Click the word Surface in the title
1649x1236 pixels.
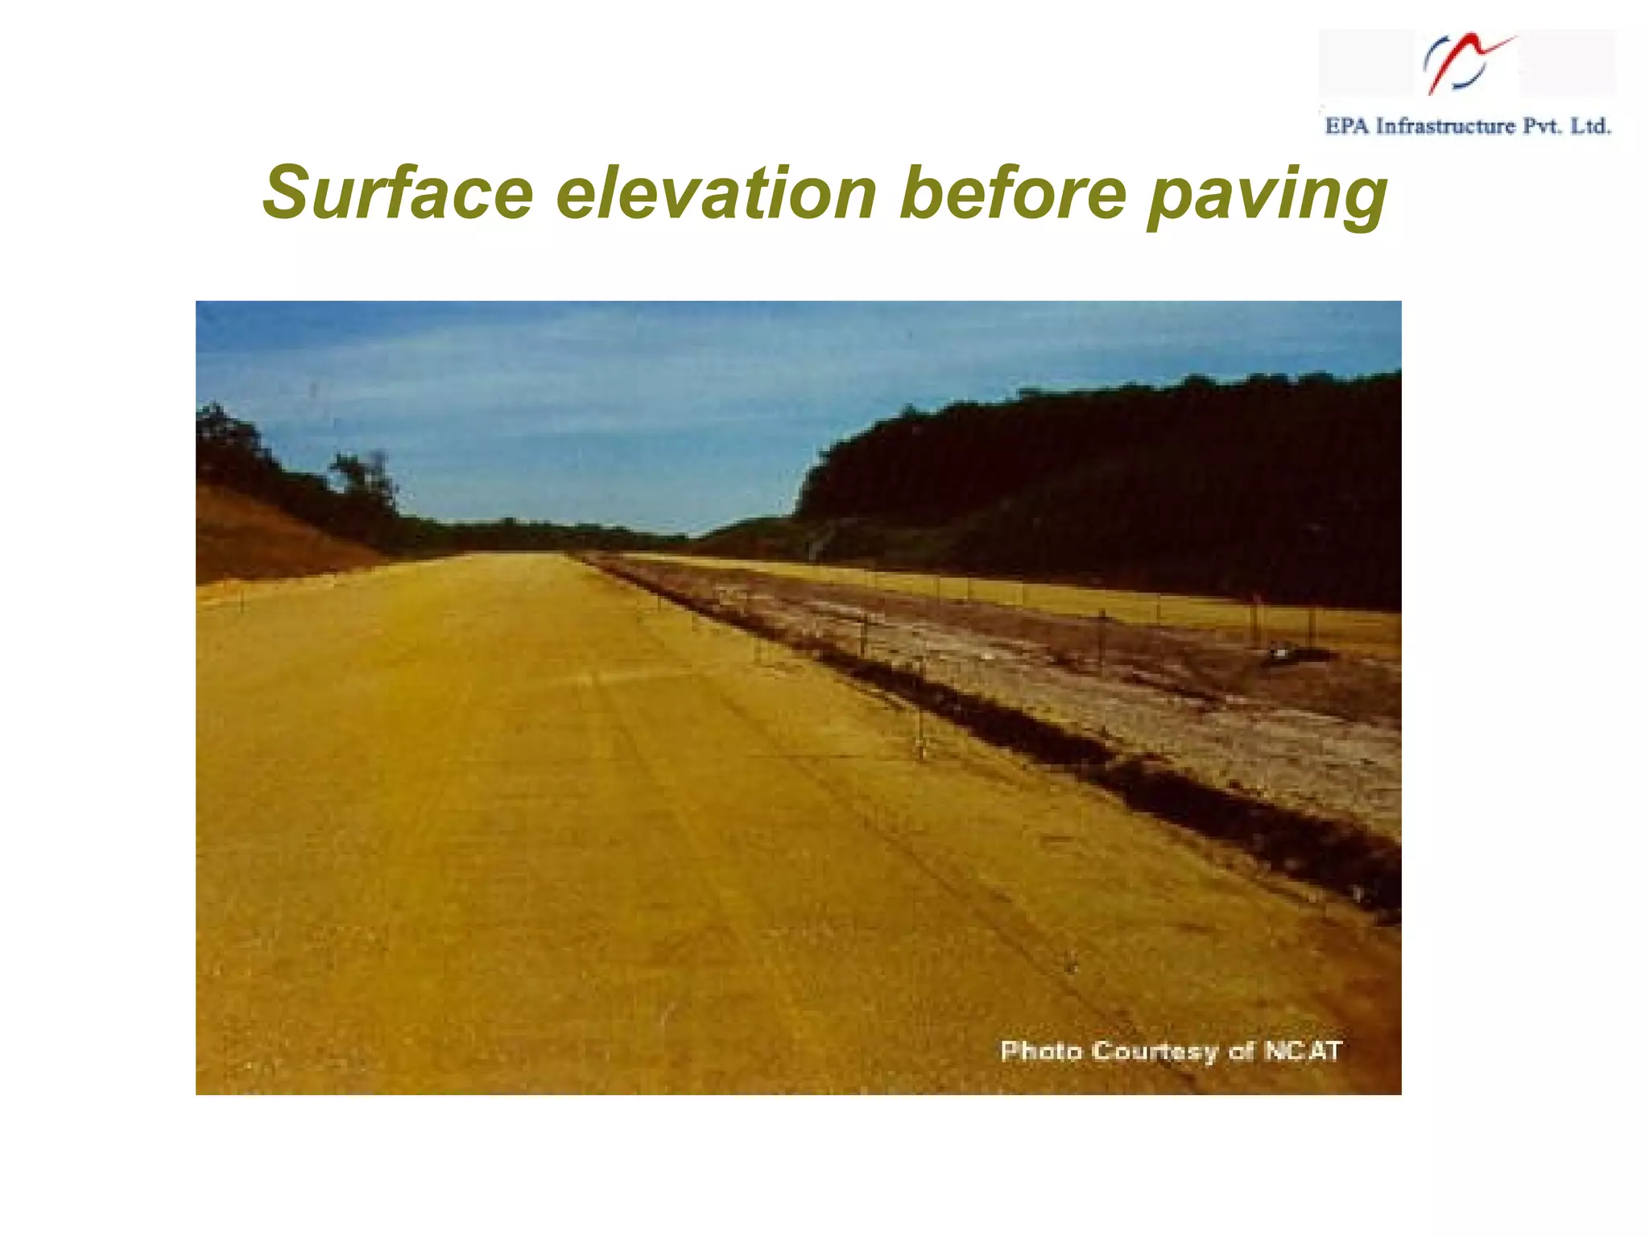click(x=397, y=193)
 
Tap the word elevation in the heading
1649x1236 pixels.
click(x=716, y=193)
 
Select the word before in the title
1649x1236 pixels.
click(x=1012, y=193)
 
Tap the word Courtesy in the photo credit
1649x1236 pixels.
click(x=1155, y=1052)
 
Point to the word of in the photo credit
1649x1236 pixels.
click(x=1242, y=1051)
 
